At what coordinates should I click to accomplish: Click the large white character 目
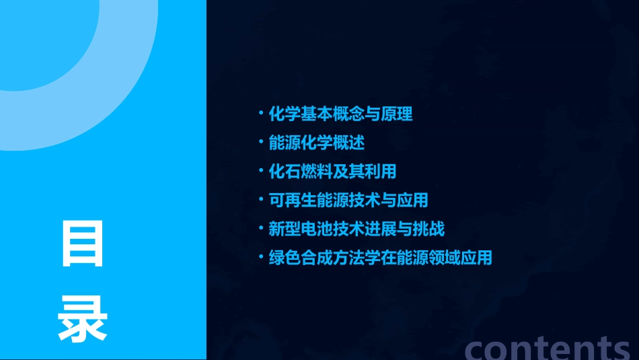83,243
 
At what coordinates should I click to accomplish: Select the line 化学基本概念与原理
340,114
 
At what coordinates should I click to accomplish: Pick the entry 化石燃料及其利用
332,172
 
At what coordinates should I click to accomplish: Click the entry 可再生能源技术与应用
348,200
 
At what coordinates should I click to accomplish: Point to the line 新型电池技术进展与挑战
356,229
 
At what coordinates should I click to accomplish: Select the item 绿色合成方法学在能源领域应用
380,258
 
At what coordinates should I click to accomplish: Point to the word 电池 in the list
317,229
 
